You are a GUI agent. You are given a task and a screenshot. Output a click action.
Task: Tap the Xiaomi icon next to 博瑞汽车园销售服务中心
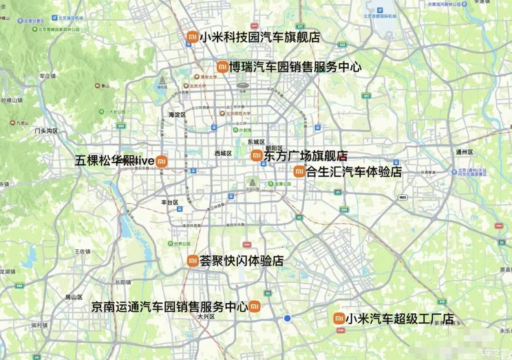pos(222,67)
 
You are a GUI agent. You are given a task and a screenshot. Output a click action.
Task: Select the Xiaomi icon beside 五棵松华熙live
pos(161,161)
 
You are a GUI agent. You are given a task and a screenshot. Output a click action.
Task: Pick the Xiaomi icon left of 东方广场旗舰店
pos(256,156)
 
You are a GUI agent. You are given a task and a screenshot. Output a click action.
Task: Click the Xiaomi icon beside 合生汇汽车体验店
pos(299,171)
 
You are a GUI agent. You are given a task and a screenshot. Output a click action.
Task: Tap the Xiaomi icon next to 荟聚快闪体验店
pos(193,260)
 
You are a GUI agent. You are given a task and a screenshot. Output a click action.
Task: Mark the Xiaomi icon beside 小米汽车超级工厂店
pos(339,318)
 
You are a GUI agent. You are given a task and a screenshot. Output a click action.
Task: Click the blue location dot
pos(288,318)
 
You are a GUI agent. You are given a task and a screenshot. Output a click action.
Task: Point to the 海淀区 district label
pos(178,114)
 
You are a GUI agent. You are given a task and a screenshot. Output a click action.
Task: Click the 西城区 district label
pos(223,153)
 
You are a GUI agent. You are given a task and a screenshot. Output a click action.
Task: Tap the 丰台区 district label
pos(169,202)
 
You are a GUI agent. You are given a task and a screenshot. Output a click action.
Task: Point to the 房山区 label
pos(74,297)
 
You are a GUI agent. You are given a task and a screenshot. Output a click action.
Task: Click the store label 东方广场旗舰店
pos(305,156)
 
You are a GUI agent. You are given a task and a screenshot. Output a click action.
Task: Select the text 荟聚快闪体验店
pos(241,261)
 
